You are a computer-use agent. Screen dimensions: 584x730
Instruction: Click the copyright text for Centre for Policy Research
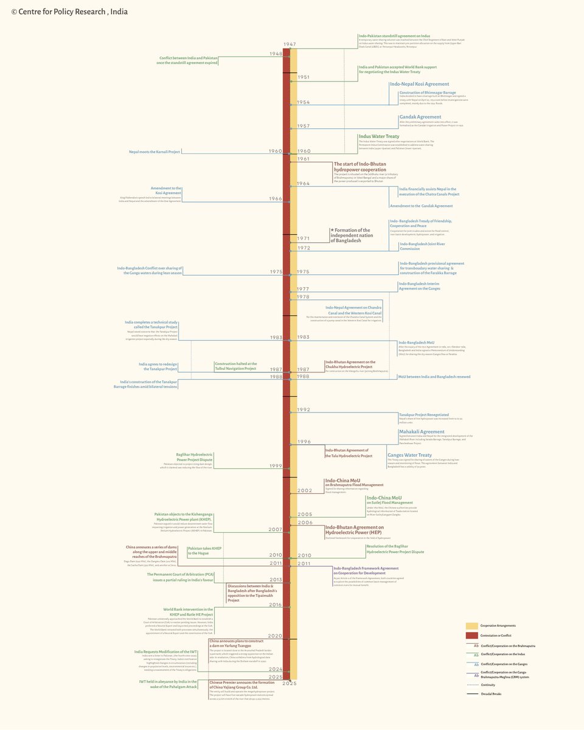[69, 12]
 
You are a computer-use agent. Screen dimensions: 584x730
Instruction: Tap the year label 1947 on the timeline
[290, 45]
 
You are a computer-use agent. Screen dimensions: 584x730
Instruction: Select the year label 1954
[303, 102]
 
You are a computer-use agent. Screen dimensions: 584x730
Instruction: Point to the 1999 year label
[276, 465]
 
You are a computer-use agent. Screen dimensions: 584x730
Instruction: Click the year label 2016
[276, 605]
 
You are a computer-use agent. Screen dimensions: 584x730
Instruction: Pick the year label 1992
[304, 409]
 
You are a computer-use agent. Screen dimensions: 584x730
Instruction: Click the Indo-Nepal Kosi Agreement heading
[424, 84]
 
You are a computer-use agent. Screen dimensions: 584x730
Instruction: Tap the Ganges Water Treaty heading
[409, 455]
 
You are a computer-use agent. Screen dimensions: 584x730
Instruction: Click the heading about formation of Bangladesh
[352, 235]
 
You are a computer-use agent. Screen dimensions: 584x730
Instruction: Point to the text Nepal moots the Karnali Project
[155, 151]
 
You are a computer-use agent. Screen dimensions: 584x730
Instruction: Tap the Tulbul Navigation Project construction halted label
[235, 366]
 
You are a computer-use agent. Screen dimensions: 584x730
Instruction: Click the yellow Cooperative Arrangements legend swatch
[471, 625]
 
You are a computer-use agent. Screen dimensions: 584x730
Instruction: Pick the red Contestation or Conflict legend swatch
[471, 635]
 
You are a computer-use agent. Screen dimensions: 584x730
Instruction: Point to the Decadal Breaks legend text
[491, 693]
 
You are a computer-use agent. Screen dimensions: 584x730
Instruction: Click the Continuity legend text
[488, 684]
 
